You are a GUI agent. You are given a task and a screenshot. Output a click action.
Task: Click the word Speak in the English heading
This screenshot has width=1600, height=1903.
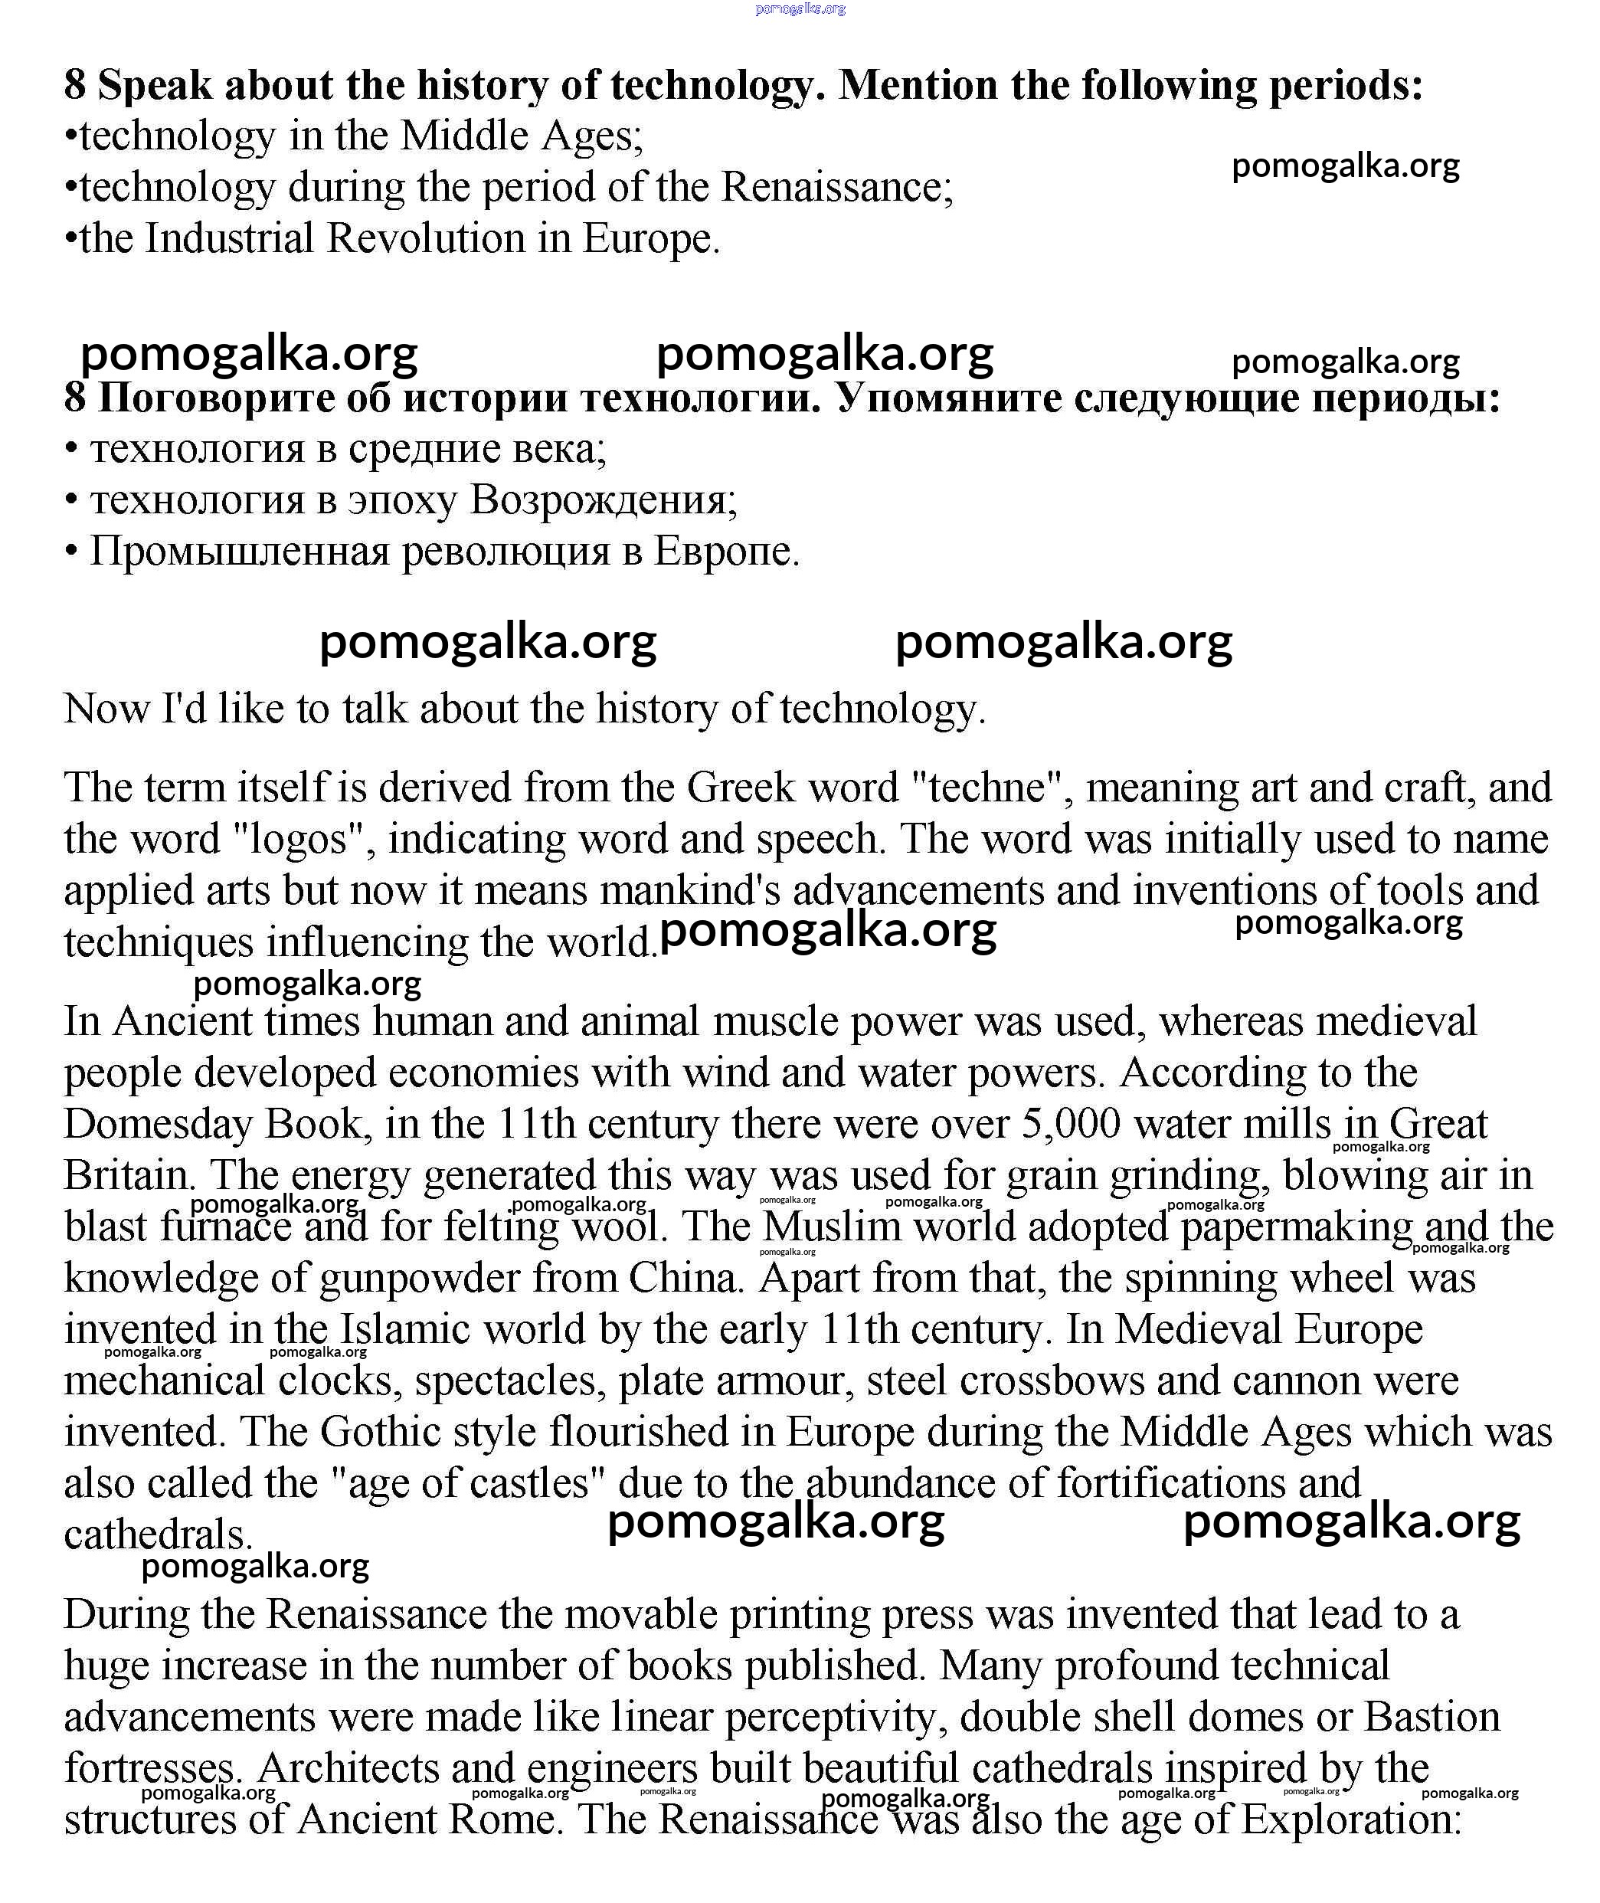(154, 85)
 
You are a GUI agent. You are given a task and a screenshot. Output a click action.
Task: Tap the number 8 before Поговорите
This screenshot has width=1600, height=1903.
(74, 398)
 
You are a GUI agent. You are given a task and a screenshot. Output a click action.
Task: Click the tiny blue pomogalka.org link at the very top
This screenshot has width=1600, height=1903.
(800, 9)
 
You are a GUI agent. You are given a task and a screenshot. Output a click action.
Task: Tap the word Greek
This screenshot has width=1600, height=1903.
(741, 788)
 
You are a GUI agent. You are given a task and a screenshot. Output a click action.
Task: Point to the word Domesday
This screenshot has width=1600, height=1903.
(158, 1125)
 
